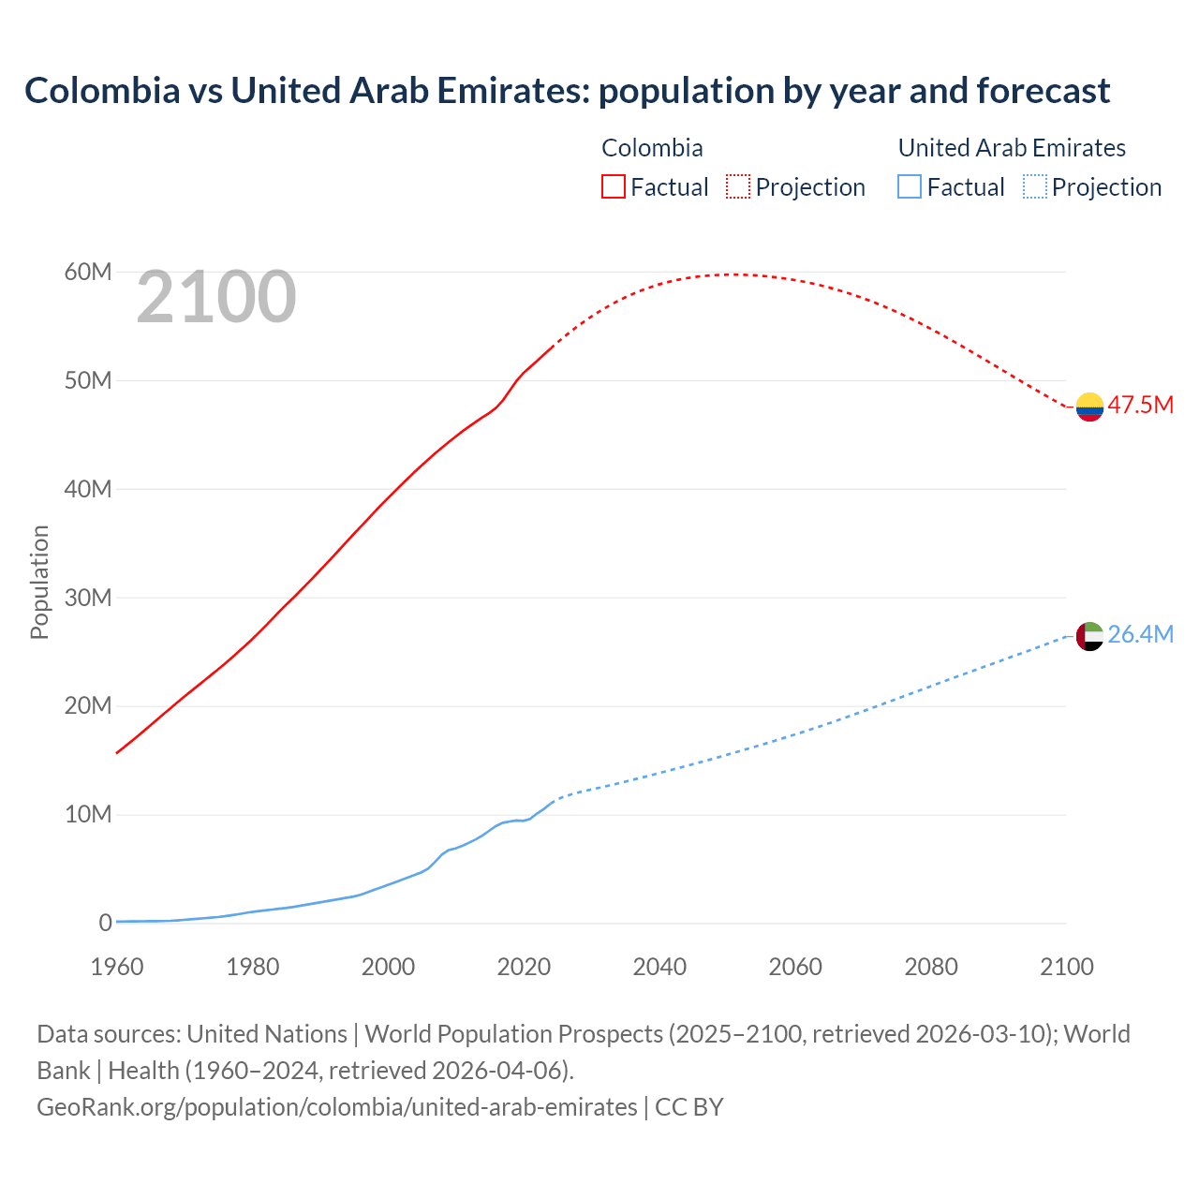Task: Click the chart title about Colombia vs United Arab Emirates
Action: (x=567, y=91)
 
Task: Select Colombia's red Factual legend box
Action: (x=613, y=186)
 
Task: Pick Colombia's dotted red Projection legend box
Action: (x=738, y=186)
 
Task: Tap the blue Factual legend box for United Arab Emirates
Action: (x=910, y=186)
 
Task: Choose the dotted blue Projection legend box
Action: (x=1034, y=186)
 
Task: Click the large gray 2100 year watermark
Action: (x=216, y=297)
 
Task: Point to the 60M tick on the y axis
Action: (x=88, y=272)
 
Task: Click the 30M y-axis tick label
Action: (x=88, y=598)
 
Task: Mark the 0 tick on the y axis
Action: (x=105, y=923)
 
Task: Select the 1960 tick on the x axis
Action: (x=117, y=967)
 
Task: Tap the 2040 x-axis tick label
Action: (x=659, y=967)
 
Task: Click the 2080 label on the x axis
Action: (x=931, y=967)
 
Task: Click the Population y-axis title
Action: (x=39, y=582)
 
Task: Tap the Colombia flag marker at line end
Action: (x=1089, y=407)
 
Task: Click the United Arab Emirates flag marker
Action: (x=1089, y=636)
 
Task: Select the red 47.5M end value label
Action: (x=1140, y=405)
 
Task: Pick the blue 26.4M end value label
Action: (x=1140, y=634)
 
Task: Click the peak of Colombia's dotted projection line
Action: (x=735, y=274)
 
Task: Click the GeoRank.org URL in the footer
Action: (x=336, y=1107)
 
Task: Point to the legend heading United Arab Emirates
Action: (x=1012, y=148)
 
